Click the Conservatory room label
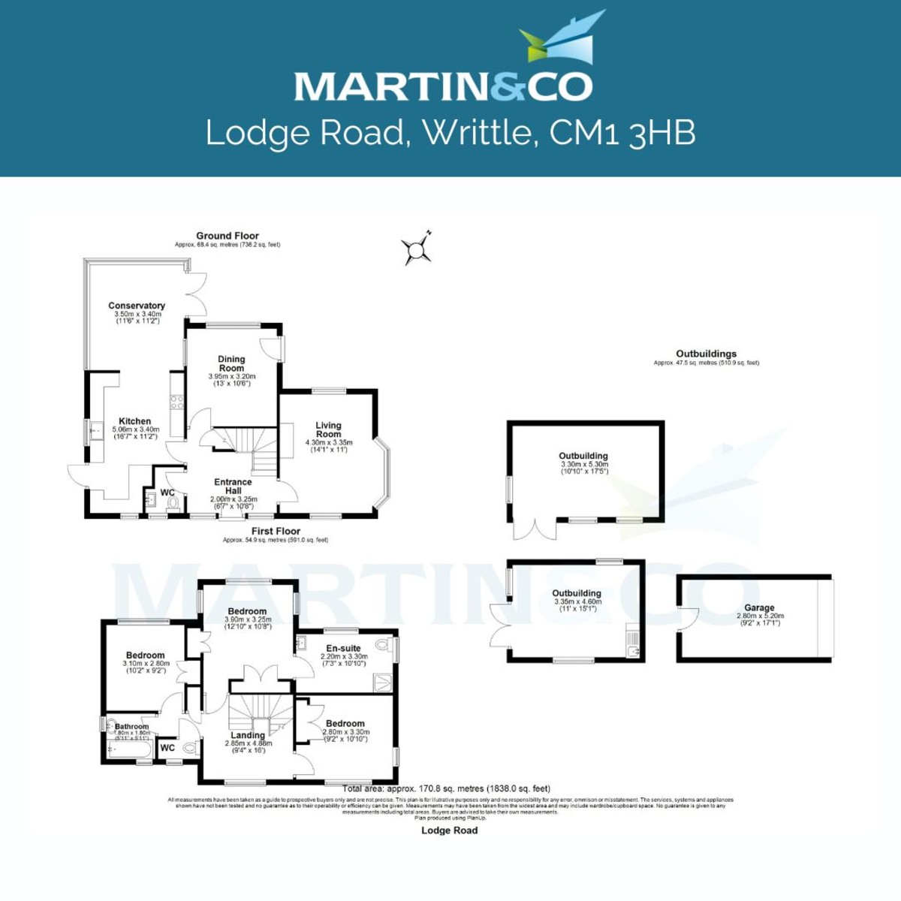137,306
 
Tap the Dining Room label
231,363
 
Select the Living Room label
328,429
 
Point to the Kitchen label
135,421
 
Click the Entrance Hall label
233,487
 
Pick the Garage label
759,608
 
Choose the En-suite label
343,648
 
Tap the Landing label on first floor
248,735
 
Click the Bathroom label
132,726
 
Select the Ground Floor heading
228,236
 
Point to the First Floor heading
276,531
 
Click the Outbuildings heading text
706,354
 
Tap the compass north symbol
417,250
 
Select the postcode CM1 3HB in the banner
622,133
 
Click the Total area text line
446,788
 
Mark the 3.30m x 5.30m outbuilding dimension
584,465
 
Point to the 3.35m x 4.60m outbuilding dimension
577,601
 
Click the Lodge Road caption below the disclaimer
449,830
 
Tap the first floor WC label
167,748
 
